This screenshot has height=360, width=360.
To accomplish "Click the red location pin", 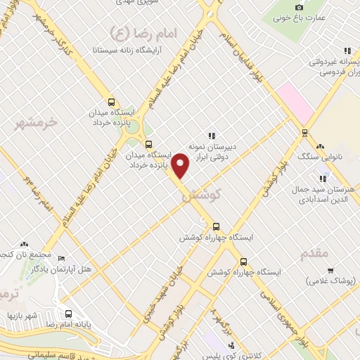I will [x=181, y=165].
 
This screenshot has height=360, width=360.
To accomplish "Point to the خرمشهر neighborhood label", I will [x=35, y=124].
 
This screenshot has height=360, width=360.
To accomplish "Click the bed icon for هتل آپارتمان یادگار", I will [x=61, y=259].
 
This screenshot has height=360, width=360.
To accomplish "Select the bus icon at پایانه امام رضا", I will [x=68, y=314].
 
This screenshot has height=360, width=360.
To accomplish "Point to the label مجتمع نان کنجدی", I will [x=21, y=252].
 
